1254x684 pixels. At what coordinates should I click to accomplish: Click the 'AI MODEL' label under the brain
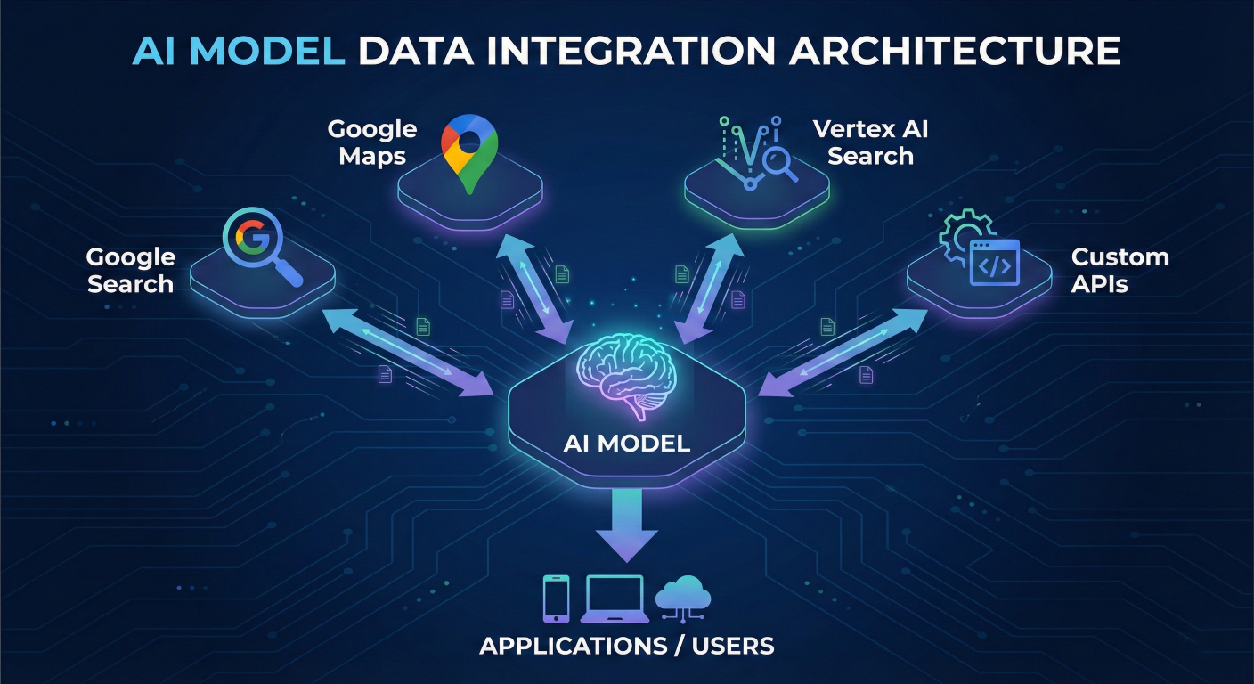[626, 443]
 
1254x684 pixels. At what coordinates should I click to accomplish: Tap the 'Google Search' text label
[130, 271]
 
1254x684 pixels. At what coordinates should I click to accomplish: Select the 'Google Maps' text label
[371, 142]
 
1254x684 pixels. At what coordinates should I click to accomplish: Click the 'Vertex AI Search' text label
[870, 142]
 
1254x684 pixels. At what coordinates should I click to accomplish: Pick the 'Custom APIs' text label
[1120, 271]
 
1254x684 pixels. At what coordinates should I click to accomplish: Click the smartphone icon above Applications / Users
[556, 598]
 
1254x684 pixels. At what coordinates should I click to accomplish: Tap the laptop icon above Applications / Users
[614, 598]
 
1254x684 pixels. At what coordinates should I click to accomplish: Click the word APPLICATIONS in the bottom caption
[571, 646]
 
